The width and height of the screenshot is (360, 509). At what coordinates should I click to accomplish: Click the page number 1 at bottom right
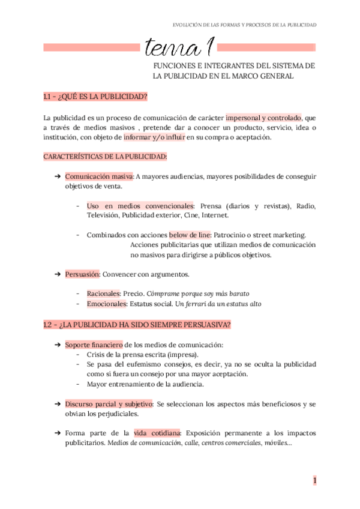click(x=314, y=480)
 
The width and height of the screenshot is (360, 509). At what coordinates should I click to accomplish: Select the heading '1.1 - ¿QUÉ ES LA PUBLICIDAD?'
click(x=95, y=96)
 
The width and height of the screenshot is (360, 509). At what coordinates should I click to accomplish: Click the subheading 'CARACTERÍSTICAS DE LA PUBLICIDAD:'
click(x=105, y=157)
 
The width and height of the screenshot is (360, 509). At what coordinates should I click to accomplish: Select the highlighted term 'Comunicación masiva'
click(x=99, y=176)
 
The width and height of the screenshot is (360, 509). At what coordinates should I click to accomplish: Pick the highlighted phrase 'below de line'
click(x=190, y=235)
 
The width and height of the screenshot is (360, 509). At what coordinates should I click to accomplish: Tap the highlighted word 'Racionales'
click(x=103, y=294)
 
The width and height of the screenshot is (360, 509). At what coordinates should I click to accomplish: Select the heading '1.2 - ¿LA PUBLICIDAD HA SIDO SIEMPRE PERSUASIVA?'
click(x=137, y=325)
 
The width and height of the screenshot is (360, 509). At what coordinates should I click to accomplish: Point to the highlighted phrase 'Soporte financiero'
click(x=94, y=345)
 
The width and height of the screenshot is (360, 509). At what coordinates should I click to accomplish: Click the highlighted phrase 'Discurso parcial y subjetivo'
click(x=109, y=403)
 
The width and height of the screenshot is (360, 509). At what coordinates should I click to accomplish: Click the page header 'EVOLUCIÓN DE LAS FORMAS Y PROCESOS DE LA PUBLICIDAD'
click(x=244, y=25)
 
